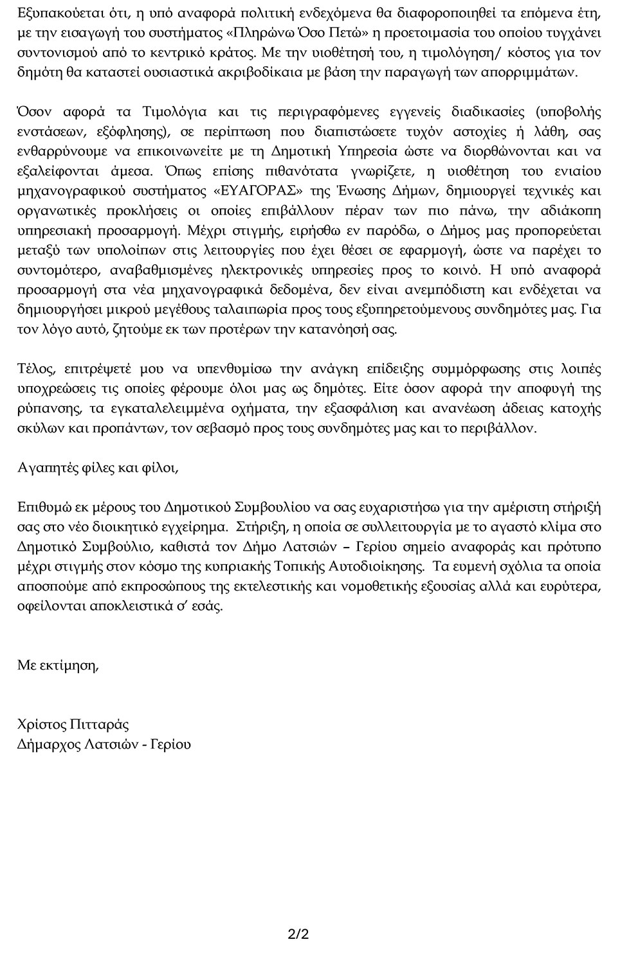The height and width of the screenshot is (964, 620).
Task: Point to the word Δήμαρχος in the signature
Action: [46, 745]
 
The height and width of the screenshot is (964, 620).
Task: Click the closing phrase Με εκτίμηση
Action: [59, 665]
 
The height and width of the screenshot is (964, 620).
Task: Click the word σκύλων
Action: [37, 428]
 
